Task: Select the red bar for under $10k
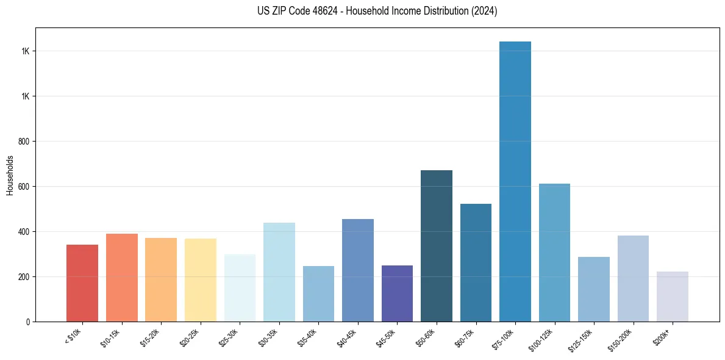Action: tap(82, 283)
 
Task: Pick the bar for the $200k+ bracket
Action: tap(673, 297)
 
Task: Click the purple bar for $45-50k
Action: tap(397, 293)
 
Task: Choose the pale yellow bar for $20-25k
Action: tap(201, 280)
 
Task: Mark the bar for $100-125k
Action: tap(554, 253)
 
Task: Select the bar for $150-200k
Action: tap(633, 278)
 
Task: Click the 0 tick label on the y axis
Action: tap(27, 322)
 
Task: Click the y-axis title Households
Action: tap(10, 175)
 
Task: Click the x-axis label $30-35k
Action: tap(269, 337)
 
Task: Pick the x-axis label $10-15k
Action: tap(112, 337)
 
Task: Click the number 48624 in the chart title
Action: tap(327, 11)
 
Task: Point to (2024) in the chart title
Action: tap(484, 11)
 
